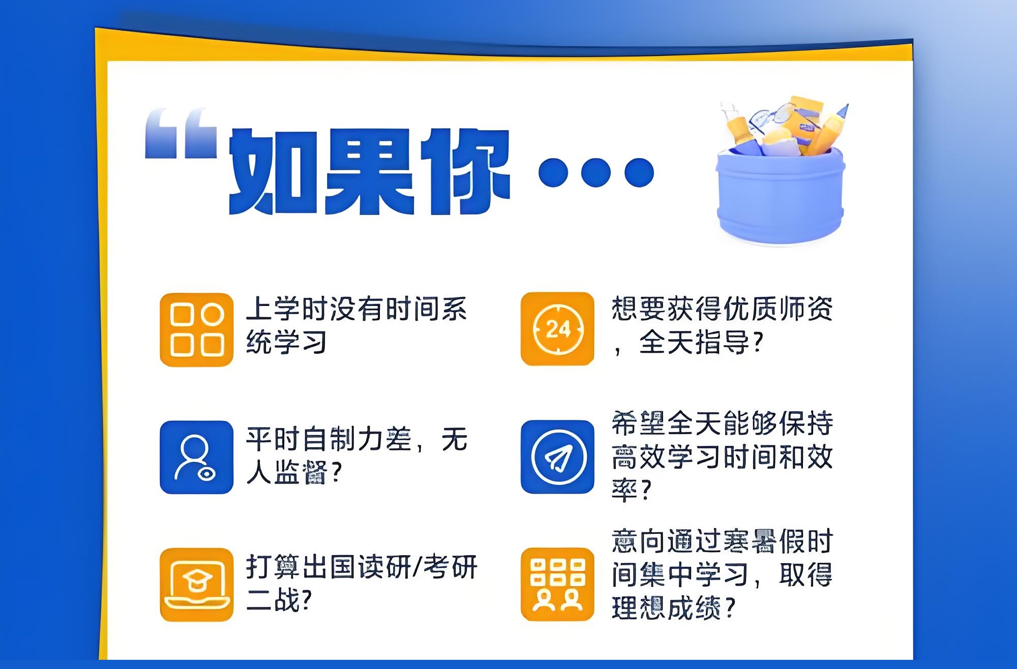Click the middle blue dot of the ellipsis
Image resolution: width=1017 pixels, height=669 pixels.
(596, 172)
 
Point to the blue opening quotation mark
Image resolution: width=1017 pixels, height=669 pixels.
(181, 133)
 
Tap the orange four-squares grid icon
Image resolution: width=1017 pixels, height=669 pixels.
(197, 329)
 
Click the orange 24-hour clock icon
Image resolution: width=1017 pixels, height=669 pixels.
(557, 329)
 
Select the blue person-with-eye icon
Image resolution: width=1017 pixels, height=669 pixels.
(197, 457)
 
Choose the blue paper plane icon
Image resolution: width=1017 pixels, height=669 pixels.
(557, 457)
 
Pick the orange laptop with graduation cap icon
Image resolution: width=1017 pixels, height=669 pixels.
(197, 585)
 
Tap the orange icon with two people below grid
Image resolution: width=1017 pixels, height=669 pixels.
(557, 584)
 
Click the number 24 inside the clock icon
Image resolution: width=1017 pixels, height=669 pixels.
(558, 329)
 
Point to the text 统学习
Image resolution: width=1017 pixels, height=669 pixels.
(286, 342)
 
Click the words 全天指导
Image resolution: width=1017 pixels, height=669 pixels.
(695, 342)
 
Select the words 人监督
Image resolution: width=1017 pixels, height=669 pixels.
(286, 472)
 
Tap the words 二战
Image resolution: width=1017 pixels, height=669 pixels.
(273, 600)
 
